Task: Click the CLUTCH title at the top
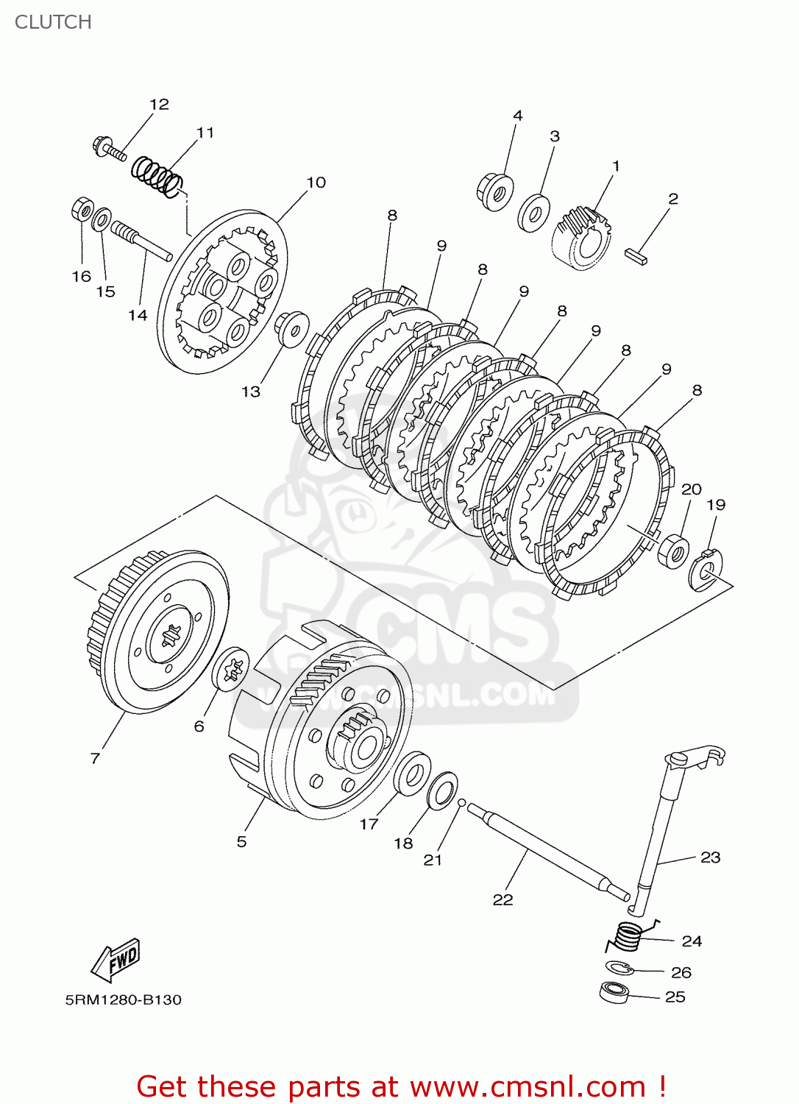tap(53, 22)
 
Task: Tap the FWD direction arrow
tap(116, 960)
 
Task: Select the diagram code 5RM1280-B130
tap(123, 999)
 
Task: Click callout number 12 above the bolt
tap(159, 105)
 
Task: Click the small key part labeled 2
tap(636, 256)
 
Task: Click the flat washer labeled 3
tap(533, 213)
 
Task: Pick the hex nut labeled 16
tap(82, 209)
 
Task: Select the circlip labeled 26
tap(618, 968)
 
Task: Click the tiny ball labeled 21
tap(461, 803)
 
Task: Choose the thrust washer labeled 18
tap(442, 791)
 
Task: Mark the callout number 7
tap(95, 758)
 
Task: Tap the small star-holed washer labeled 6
tap(231, 669)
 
